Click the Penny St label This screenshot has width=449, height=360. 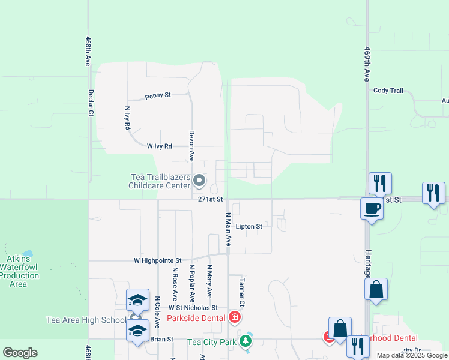[x=159, y=95]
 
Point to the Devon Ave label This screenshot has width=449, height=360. [x=191, y=146]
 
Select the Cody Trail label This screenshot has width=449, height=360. [x=388, y=91]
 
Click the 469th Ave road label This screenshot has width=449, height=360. [x=366, y=65]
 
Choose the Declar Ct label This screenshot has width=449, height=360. [x=91, y=103]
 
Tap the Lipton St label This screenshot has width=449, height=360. [x=249, y=226]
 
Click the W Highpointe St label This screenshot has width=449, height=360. [x=158, y=260]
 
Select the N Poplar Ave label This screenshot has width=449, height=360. [x=192, y=283]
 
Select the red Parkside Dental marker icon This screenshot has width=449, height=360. [x=235, y=317]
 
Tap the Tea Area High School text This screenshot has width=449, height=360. [x=86, y=320]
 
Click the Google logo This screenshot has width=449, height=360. [x=20, y=352]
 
